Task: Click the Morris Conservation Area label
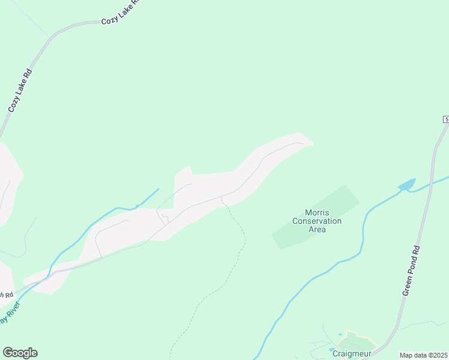click(316, 221)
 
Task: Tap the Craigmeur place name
click(352, 354)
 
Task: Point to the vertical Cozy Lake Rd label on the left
click(20, 90)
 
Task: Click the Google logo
click(20, 352)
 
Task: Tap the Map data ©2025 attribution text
click(424, 355)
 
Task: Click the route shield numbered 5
click(447, 120)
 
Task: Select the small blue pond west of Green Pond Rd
click(406, 185)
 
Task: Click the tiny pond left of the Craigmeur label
click(331, 349)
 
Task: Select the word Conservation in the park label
click(316, 221)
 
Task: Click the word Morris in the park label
click(316, 212)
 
